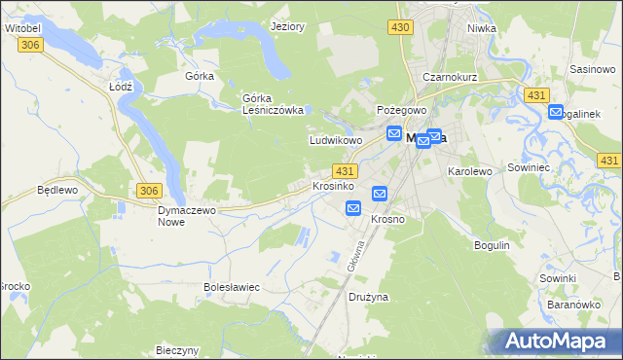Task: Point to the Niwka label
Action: (482, 27)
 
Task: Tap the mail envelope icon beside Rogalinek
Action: (556, 112)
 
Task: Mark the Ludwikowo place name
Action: (336, 140)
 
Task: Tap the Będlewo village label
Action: (55, 190)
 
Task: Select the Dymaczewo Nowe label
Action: (185, 215)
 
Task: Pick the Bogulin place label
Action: (492, 245)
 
